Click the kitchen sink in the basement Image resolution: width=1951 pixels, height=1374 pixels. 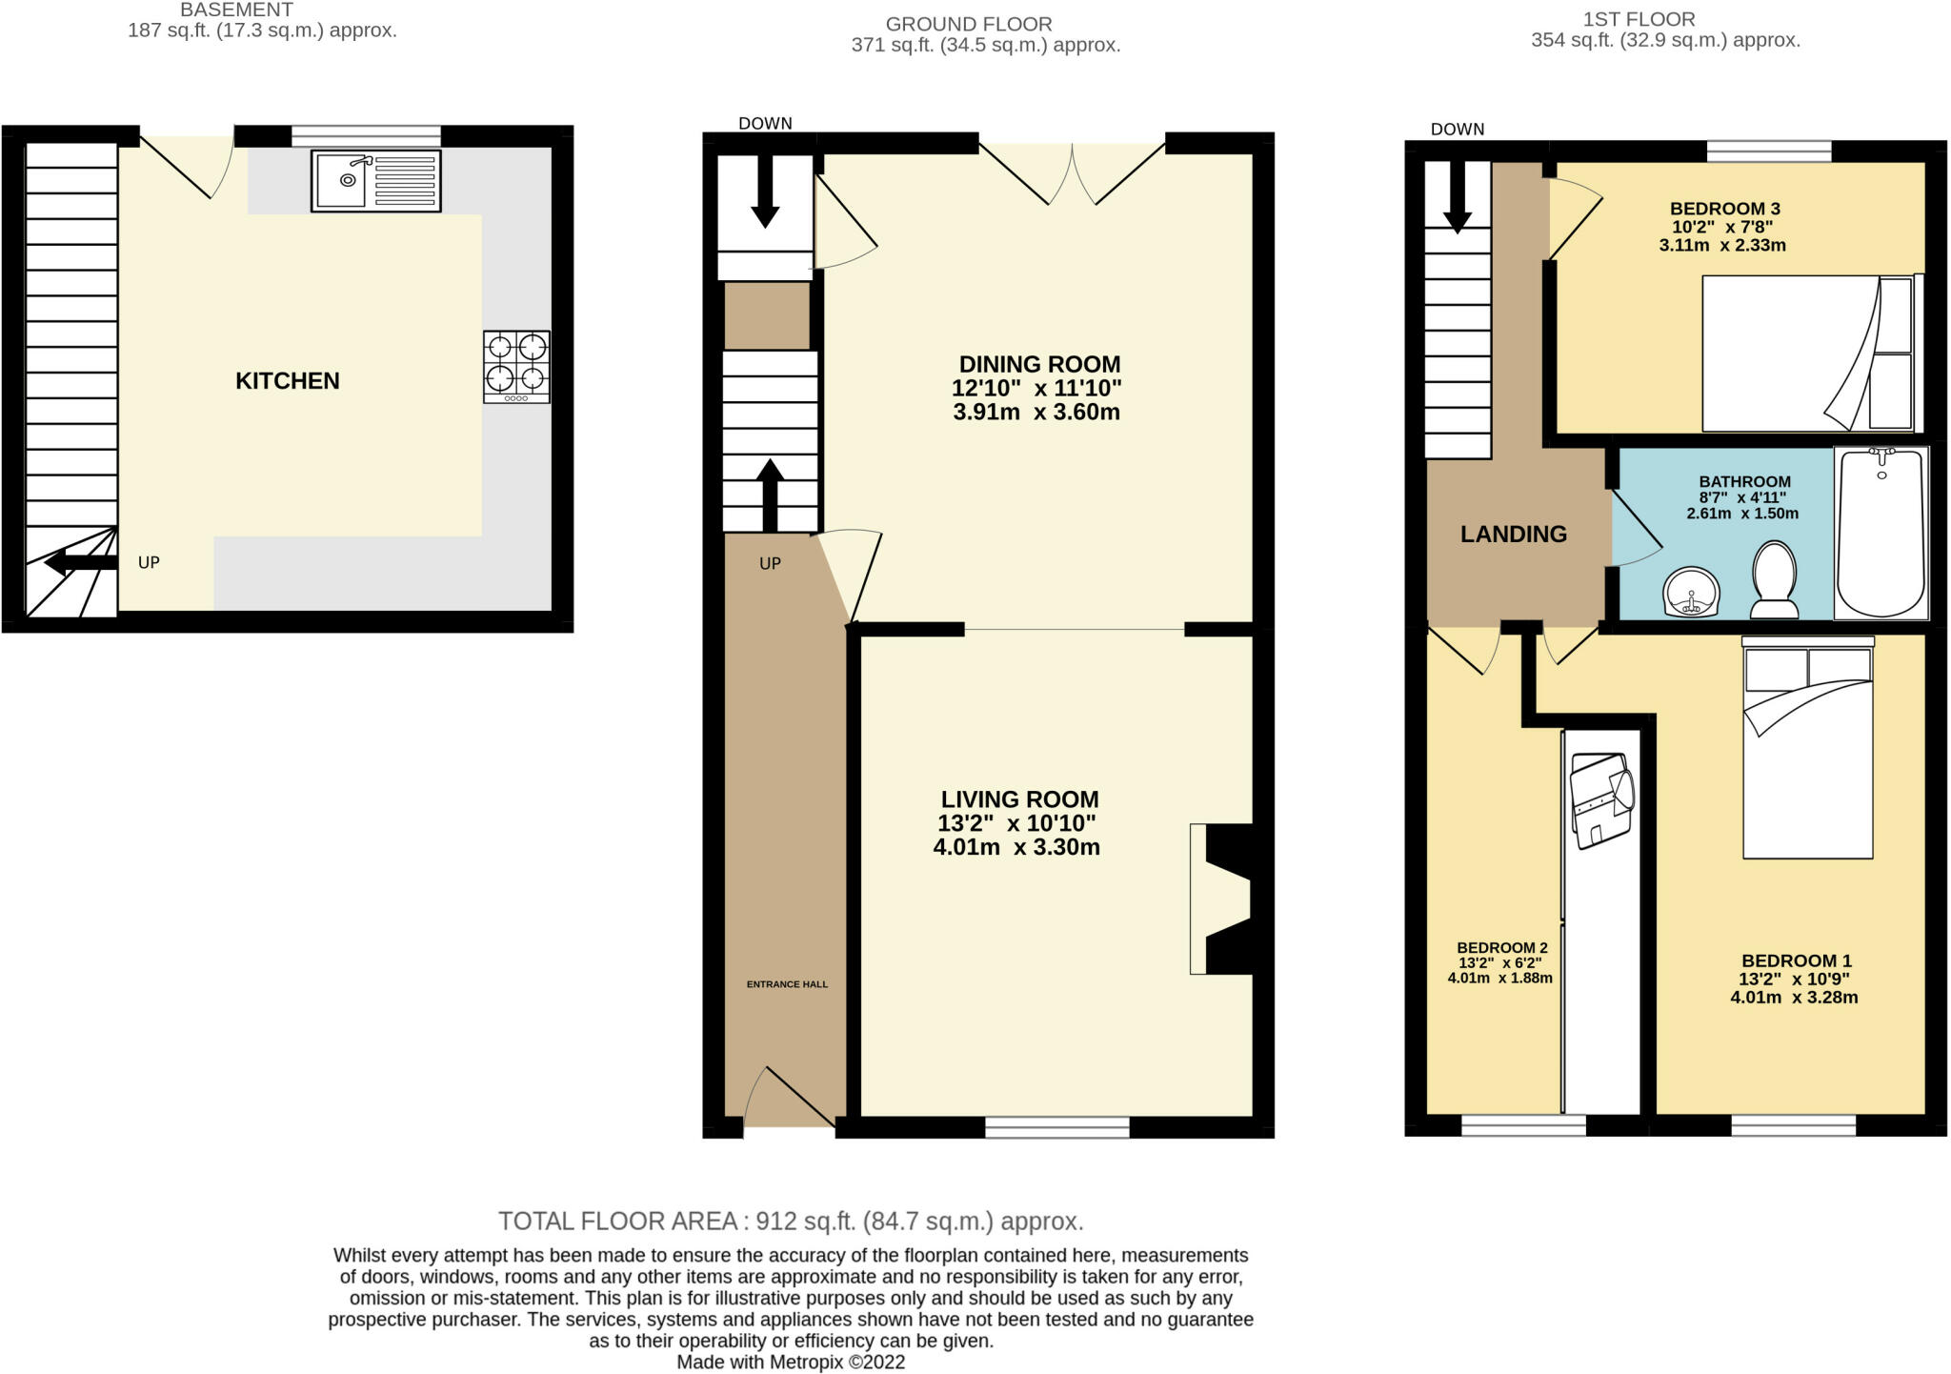(x=376, y=180)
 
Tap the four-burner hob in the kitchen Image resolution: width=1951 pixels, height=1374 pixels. (x=516, y=367)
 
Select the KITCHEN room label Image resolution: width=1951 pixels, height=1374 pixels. (x=288, y=381)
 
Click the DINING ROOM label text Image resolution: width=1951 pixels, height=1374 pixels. (x=1039, y=364)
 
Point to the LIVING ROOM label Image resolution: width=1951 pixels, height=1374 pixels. (x=1019, y=799)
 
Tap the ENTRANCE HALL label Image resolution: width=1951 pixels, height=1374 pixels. (x=787, y=984)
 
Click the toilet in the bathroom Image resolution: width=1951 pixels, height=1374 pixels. (x=1774, y=579)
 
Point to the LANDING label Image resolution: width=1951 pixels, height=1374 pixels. (x=1514, y=535)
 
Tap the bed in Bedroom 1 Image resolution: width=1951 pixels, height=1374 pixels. (x=1808, y=748)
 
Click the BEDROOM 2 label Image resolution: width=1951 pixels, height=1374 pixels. (x=1502, y=948)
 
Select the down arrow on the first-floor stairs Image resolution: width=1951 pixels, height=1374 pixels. (x=1457, y=196)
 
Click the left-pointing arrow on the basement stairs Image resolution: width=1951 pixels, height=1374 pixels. (x=81, y=563)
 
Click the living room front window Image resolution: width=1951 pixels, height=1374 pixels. (x=1057, y=1128)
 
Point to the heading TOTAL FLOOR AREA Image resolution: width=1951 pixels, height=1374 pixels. (x=617, y=1222)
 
